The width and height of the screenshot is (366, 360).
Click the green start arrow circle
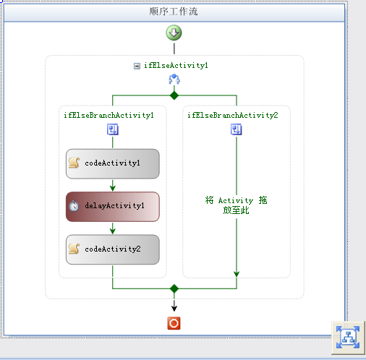(x=174, y=33)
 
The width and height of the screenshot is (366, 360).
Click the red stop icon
(x=174, y=323)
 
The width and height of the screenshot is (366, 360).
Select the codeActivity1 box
(x=113, y=163)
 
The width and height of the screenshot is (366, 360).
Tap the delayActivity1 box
(x=113, y=207)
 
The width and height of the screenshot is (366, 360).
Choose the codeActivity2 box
(x=113, y=249)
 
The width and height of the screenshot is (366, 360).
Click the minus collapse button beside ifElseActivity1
(x=137, y=66)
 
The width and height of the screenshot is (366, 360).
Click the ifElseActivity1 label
(x=176, y=66)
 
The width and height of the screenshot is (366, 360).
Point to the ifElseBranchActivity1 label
(x=108, y=115)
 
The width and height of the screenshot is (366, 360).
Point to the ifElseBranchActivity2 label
(x=233, y=115)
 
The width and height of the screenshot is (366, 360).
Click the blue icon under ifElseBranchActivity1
(x=113, y=129)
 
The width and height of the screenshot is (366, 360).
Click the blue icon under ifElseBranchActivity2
(x=237, y=129)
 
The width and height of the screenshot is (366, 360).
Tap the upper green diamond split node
(x=174, y=95)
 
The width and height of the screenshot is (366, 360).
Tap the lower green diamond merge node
(x=174, y=288)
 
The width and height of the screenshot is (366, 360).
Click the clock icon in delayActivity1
(x=74, y=206)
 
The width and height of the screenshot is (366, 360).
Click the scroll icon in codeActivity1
(x=74, y=163)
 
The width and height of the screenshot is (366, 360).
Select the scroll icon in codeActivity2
(x=74, y=249)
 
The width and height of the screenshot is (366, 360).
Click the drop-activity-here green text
(x=236, y=205)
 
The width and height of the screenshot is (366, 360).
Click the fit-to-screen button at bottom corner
(x=348, y=338)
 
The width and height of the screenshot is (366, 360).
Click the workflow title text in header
(x=174, y=12)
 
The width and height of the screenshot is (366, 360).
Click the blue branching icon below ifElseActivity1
(x=174, y=80)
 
